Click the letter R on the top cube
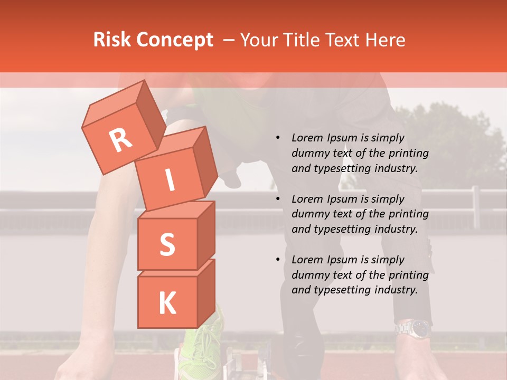(x=121, y=140)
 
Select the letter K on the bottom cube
(x=167, y=303)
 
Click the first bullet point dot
(x=278, y=138)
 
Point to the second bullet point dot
(x=278, y=199)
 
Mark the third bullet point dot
(x=278, y=260)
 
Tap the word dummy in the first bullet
(x=309, y=154)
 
